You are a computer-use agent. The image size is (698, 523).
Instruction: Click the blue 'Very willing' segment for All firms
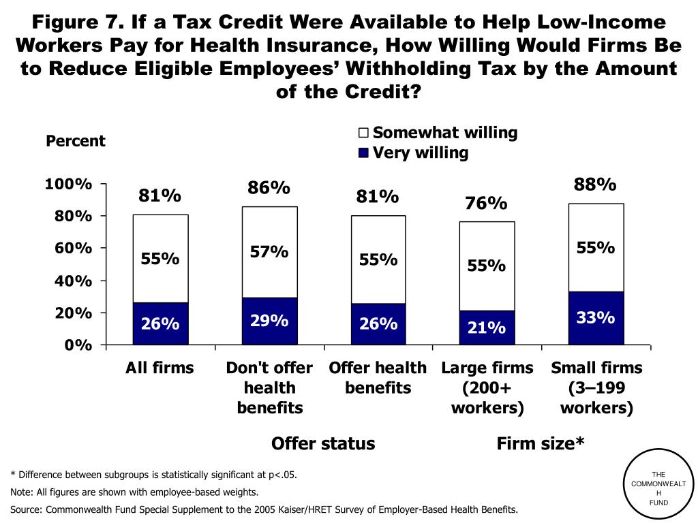click(x=160, y=324)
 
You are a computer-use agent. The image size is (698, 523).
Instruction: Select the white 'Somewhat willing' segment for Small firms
click(x=596, y=247)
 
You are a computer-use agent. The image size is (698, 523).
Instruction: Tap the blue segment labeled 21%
click(x=487, y=328)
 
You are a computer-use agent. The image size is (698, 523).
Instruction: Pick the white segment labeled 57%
click(x=269, y=252)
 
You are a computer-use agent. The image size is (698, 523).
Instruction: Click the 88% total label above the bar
click(x=595, y=185)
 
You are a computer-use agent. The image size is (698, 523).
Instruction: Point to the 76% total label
click(x=486, y=203)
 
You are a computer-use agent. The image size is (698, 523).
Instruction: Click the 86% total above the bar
click(x=269, y=187)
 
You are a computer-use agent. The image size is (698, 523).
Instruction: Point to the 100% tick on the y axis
click(x=68, y=184)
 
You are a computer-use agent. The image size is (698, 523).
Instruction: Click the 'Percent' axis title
click(x=75, y=141)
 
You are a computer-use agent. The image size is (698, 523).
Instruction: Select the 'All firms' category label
click(x=160, y=368)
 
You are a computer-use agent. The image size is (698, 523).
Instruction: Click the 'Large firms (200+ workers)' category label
click(x=487, y=387)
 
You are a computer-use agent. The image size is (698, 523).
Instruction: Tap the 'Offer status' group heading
click(x=323, y=444)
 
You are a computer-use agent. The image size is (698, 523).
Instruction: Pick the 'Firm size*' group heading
click(x=541, y=444)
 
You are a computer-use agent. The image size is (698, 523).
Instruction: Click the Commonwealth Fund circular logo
click(x=658, y=488)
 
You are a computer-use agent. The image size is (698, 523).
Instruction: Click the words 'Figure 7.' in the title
click(x=78, y=22)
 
